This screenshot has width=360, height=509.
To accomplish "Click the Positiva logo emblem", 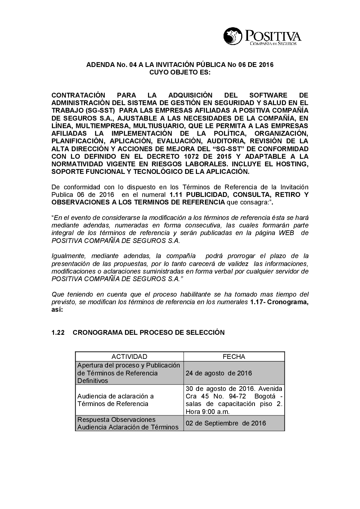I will [x=233, y=36].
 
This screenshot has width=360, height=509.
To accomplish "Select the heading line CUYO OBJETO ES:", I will [x=180, y=72].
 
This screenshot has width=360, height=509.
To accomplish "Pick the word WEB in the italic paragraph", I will [x=287, y=233].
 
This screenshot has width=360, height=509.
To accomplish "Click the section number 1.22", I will [x=58, y=333].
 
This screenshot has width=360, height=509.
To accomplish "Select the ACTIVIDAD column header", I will [x=129, y=357].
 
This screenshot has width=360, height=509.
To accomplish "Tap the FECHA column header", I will [x=234, y=357].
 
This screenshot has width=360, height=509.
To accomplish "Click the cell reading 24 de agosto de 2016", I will [x=219, y=373].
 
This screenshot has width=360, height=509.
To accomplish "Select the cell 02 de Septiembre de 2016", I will [x=226, y=423].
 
